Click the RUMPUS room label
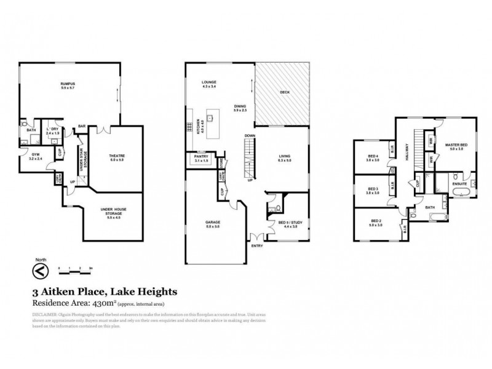click(68, 84)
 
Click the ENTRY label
click(256, 245)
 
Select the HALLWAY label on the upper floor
click(407, 154)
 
